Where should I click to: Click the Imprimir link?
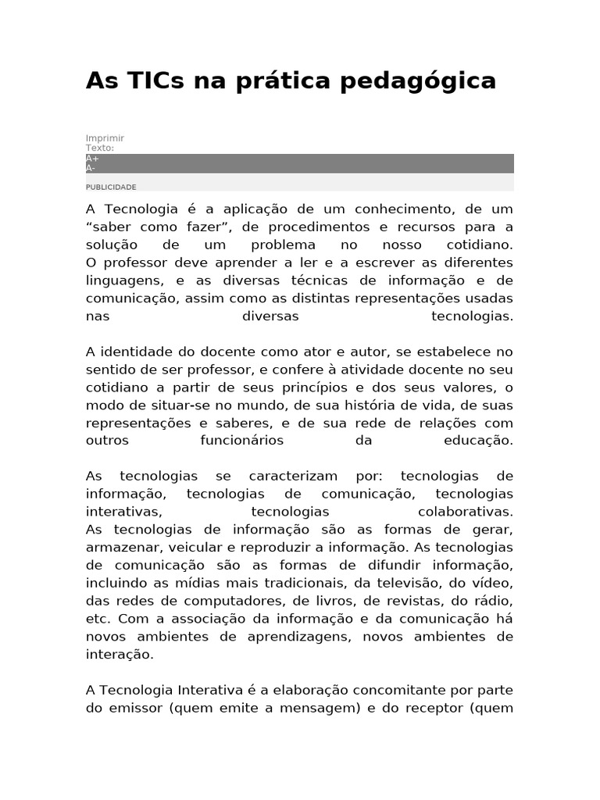[x=105, y=138]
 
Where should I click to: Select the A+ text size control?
[x=92, y=159]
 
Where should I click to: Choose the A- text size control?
[x=91, y=168]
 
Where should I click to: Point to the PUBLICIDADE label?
[x=111, y=187]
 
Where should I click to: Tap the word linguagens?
[x=124, y=280]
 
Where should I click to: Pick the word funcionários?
[x=241, y=441]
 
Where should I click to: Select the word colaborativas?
[x=466, y=512]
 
